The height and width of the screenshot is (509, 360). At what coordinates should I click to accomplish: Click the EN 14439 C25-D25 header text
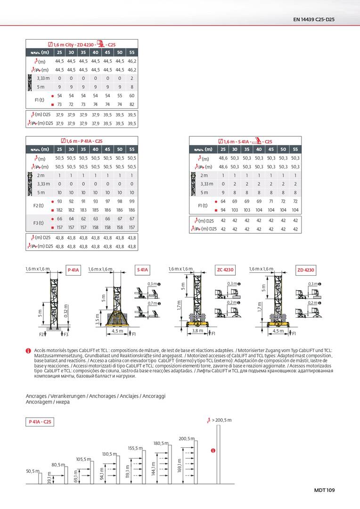[x=314, y=19]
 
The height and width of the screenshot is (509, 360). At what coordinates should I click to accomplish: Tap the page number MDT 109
[x=324, y=490]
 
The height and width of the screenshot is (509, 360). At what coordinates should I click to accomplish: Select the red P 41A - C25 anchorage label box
[x=40, y=421]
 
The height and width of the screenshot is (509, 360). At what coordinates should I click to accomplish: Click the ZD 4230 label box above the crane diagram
[x=306, y=270]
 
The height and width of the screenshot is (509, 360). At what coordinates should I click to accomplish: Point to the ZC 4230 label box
[x=225, y=270]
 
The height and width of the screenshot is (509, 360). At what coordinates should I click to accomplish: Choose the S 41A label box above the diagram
[x=142, y=270]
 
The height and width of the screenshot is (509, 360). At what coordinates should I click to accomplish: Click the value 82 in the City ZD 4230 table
[x=132, y=104]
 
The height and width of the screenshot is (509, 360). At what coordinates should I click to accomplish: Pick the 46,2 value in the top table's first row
[x=132, y=61]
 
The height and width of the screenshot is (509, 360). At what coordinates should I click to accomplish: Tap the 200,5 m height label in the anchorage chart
[x=187, y=439]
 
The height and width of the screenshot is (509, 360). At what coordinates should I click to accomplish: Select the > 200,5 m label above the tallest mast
[x=221, y=419]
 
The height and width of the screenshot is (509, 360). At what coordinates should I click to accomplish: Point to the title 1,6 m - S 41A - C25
[x=245, y=141]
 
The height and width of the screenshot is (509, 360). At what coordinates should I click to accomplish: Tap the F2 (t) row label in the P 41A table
[x=39, y=205]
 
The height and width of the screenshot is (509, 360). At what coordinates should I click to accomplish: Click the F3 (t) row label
[x=39, y=223]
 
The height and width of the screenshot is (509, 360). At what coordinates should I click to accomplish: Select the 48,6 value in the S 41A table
[x=223, y=158]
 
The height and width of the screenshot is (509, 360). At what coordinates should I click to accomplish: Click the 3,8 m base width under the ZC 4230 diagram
[x=198, y=331]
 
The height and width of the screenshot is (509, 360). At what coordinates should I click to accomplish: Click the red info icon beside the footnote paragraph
[x=28, y=351]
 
